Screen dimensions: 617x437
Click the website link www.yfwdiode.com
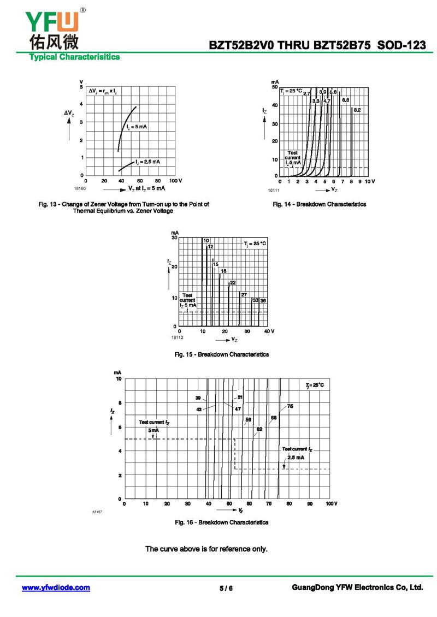pos(56,588)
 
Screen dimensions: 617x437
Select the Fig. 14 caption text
pos(320,204)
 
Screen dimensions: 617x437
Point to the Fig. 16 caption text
pos(221,523)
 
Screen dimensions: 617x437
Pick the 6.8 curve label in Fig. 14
pos(345,100)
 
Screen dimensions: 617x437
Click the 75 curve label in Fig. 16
pos(290,406)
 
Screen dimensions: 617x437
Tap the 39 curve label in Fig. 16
pos(198,398)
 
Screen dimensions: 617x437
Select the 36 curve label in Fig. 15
pos(263,300)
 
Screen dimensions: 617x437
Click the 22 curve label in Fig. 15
pos(233,283)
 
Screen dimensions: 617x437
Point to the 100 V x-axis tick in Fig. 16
pos(332,503)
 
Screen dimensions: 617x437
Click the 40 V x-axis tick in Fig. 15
pos(269,331)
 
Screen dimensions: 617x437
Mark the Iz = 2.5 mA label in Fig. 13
pos(146,162)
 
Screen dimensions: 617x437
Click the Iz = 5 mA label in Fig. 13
pos(137,127)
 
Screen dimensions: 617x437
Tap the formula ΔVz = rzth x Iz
pos(103,92)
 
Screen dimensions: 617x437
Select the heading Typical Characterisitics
pos(74,57)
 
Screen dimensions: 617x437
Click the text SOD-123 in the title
pos(402,46)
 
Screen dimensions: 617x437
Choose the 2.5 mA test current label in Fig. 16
pos(296,458)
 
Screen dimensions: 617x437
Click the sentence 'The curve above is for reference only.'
pos(206,549)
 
